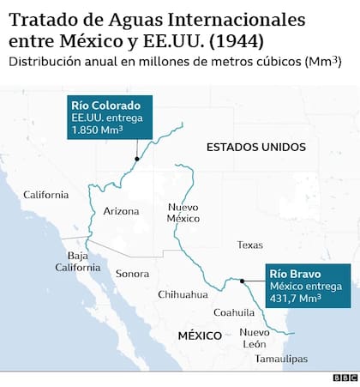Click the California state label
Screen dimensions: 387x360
click(45, 195)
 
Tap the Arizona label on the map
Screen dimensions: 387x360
click(121, 211)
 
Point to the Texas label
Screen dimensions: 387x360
click(250, 245)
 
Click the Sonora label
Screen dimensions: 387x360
click(132, 274)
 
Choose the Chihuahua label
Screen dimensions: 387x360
click(183, 294)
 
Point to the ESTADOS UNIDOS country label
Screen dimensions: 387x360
click(255, 148)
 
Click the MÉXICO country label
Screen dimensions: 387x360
click(200, 335)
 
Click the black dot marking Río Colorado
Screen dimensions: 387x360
click(135, 158)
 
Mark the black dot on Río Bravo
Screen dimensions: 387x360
click(243, 281)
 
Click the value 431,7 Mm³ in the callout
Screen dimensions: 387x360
click(296, 299)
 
